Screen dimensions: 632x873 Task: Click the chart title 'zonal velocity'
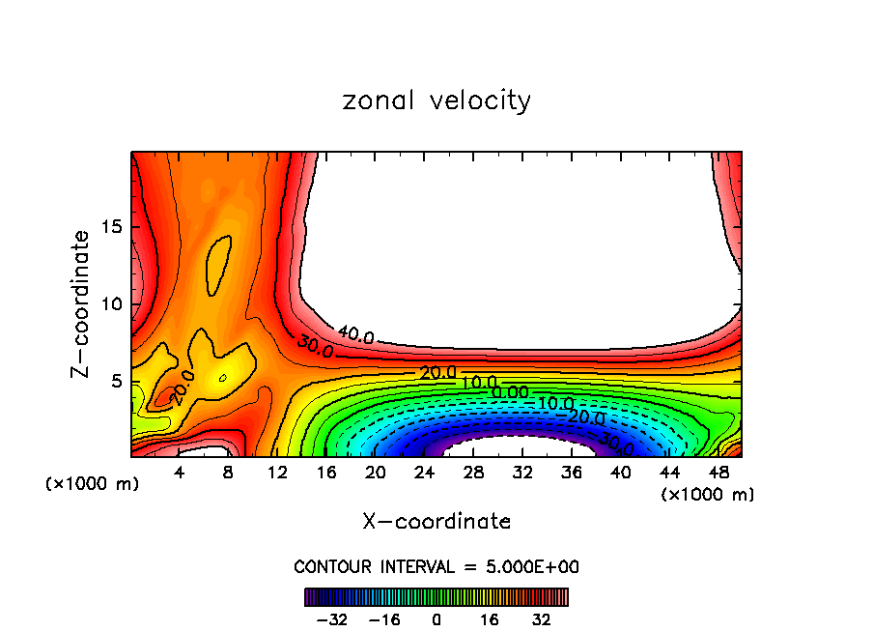click(436, 101)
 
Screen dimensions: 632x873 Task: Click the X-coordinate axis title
click(436, 522)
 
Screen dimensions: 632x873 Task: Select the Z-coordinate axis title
click(82, 303)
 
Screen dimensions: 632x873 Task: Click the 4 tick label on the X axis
click(180, 473)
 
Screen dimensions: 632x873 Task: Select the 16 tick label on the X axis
click(326, 473)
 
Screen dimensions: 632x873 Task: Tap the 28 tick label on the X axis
click(473, 473)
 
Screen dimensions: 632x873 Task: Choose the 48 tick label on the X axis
click(718, 473)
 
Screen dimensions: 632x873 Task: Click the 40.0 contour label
click(354, 335)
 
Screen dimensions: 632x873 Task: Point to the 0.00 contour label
click(510, 392)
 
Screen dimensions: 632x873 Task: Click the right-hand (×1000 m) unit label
click(708, 495)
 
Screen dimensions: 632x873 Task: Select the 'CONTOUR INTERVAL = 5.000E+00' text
click(436, 566)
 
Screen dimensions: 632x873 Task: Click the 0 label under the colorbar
click(436, 619)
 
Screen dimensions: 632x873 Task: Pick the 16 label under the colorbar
click(490, 619)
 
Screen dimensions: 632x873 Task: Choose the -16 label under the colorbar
click(383, 619)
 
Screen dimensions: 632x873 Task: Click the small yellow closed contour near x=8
click(223, 378)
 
